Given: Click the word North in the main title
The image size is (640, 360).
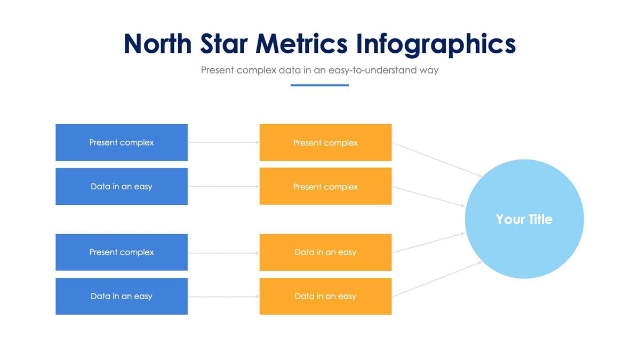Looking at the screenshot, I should (157, 44).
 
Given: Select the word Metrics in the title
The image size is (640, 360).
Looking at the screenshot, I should (301, 44).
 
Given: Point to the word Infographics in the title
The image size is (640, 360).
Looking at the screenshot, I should (436, 45).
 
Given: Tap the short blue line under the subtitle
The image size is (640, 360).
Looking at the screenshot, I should (319, 85).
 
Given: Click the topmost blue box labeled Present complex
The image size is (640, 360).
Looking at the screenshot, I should (122, 142).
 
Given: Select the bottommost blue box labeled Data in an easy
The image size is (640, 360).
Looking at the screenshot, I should (122, 296).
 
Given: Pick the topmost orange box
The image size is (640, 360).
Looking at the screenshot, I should (325, 142).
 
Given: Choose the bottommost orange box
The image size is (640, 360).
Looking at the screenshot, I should (325, 296).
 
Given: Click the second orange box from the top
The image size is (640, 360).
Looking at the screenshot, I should (325, 187).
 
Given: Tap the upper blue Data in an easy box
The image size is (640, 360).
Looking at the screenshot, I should (122, 187).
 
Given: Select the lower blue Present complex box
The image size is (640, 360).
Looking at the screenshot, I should (122, 252).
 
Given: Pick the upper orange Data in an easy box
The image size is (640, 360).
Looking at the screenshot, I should (325, 252).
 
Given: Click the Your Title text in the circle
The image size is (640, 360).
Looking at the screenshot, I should (524, 219).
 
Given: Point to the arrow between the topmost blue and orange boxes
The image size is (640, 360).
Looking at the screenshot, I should (223, 142).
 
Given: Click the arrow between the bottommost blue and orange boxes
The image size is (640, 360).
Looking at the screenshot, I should (223, 297).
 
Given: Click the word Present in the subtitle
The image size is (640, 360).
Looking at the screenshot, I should (217, 70).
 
